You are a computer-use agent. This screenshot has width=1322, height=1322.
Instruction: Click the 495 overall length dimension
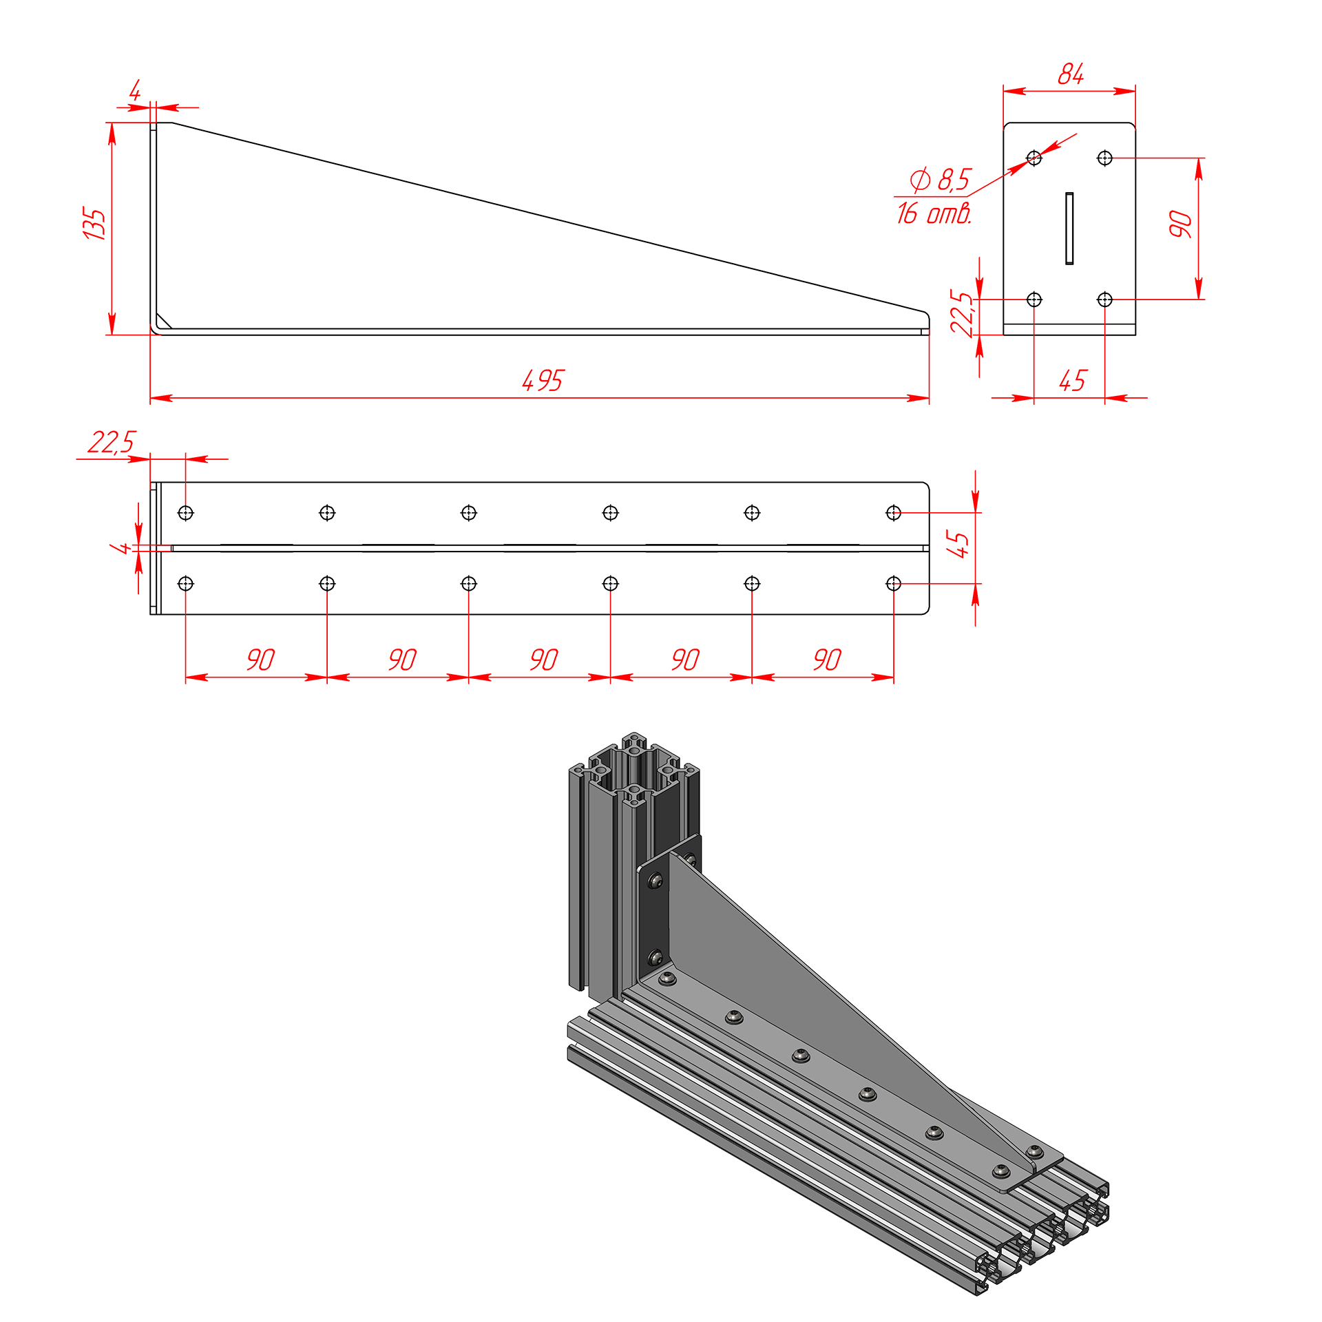(x=543, y=380)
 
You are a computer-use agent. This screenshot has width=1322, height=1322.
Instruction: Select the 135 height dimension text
(x=94, y=223)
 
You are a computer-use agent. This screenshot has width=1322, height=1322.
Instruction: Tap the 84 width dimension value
(x=1071, y=74)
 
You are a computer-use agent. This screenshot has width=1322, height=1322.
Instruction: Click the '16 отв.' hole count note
(x=934, y=213)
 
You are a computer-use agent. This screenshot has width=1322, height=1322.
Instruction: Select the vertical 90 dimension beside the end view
(x=1180, y=224)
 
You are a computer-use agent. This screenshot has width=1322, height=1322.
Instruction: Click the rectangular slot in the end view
(x=1069, y=229)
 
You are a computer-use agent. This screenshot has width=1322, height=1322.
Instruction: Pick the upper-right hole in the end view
(x=1104, y=158)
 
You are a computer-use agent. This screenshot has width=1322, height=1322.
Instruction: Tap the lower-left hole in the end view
(x=1034, y=300)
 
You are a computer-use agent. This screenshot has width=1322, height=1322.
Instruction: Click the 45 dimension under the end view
(x=1073, y=380)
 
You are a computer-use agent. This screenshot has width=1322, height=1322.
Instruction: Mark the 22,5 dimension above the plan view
(x=112, y=442)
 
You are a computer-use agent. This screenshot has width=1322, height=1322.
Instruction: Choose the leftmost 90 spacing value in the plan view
(x=260, y=660)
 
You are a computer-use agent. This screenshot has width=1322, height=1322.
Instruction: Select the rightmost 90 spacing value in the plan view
(x=827, y=660)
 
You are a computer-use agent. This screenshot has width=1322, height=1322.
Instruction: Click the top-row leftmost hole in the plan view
(x=185, y=513)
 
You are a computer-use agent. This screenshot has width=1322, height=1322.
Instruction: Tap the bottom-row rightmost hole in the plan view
(x=894, y=584)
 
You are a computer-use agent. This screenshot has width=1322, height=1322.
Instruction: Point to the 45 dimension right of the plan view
(x=958, y=544)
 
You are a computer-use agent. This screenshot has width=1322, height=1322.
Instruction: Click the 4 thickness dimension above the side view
(x=135, y=91)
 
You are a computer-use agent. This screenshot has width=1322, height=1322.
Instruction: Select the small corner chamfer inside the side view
(x=164, y=321)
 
